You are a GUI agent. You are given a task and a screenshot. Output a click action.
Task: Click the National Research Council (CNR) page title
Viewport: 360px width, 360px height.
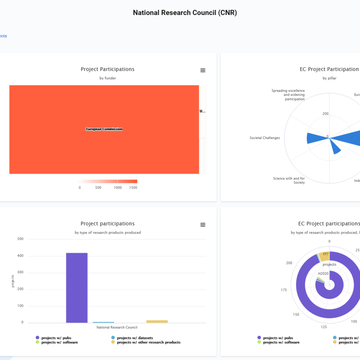coord(185,13)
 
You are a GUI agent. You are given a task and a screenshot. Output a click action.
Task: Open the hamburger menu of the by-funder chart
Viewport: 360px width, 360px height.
coord(203,70)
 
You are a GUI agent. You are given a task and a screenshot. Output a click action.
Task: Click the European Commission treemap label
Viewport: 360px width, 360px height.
coord(104,129)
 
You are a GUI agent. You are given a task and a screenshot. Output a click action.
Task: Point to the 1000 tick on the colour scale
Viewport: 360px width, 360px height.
coord(118,187)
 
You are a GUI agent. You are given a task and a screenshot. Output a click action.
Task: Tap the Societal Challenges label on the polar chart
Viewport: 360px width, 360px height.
coord(265,138)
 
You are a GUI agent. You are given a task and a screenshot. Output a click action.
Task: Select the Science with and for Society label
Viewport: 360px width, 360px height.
coord(289,180)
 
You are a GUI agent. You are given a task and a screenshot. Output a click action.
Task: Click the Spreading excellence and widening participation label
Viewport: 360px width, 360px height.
coord(288,95)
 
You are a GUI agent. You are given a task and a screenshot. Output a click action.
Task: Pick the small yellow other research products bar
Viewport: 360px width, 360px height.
coord(157,321)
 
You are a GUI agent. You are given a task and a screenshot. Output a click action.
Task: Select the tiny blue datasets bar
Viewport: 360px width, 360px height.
coord(103,322)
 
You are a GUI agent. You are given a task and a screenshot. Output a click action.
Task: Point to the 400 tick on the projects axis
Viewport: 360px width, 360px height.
coord(20,256)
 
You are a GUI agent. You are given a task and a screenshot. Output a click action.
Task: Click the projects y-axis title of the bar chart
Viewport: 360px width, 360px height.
coord(13,281)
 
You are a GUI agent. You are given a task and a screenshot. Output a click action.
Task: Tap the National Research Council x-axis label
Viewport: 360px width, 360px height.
coord(117,327)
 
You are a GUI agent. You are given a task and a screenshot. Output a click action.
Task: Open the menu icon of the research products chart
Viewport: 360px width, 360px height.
coord(203,225)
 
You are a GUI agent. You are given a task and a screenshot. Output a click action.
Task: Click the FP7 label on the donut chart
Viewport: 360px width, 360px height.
coord(326,254)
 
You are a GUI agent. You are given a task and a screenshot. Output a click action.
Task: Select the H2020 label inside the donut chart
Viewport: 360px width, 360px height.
coord(323,273)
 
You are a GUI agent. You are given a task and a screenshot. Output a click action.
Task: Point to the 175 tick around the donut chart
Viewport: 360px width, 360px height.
coord(284,290)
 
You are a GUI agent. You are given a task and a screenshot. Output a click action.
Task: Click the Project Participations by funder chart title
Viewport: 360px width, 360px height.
coord(107,69)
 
